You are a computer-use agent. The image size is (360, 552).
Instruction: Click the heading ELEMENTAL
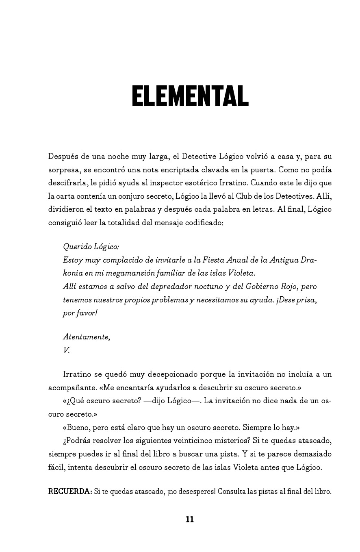tap(190, 96)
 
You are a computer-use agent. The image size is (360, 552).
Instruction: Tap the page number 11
tap(190, 519)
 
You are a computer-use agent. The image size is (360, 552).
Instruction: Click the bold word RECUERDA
tap(70, 491)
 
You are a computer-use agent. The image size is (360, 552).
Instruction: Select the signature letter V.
tap(66, 350)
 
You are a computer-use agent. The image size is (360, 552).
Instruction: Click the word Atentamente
tap(86, 337)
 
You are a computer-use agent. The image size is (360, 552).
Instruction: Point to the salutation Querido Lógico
tap(91, 247)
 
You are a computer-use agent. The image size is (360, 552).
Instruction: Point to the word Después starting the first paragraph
tap(63, 156)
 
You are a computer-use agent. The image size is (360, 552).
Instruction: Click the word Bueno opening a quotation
tap(78, 428)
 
